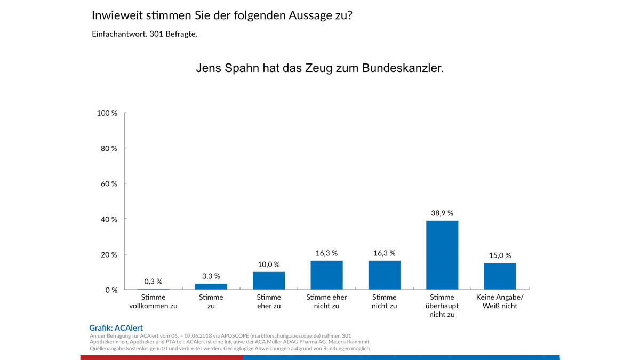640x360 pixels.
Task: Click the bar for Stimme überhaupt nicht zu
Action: [442, 255]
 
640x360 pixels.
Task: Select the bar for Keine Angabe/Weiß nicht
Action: [500, 276]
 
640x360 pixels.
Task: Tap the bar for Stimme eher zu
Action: [269, 281]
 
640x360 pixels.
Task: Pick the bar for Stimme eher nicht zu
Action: [326, 275]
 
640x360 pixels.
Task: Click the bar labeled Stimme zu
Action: [211, 286]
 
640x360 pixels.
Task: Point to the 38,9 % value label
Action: [442, 213]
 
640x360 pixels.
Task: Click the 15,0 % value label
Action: [500, 255]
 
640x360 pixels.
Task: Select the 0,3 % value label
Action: [153, 281]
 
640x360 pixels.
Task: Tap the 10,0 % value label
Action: [269, 264]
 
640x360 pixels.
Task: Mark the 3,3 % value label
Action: [211, 276]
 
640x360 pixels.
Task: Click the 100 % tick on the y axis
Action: [107, 113]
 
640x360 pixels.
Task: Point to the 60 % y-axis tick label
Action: [109, 183]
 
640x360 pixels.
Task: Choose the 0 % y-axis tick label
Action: [111, 290]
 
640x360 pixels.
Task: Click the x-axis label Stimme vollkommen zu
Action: [153, 301]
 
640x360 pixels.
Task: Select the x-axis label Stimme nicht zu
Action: [384, 301]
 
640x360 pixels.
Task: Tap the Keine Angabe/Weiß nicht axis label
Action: [500, 301]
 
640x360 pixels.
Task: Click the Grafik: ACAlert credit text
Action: [116, 328]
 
